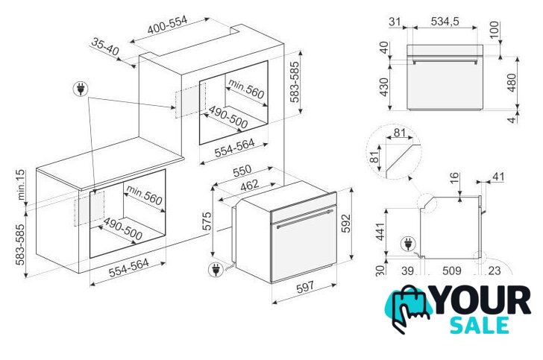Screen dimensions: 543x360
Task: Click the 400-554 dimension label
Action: (x=167, y=25)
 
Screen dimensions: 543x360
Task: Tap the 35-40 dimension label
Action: (x=105, y=46)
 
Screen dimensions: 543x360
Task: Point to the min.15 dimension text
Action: (x=21, y=185)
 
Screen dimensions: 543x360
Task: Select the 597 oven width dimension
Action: (x=305, y=287)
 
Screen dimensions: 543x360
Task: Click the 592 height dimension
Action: (x=346, y=224)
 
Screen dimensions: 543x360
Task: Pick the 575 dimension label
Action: (x=207, y=221)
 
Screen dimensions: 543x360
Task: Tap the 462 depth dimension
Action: (x=249, y=185)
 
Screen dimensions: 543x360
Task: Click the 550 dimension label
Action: (x=242, y=171)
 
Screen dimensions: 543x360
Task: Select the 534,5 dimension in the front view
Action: (x=445, y=22)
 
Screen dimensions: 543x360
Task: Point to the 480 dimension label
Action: (x=512, y=83)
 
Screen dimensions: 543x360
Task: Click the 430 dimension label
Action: (x=384, y=87)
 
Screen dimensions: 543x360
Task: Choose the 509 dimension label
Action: (x=452, y=271)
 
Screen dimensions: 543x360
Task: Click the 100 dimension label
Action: (x=495, y=30)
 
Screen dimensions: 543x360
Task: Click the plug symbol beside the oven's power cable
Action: (x=216, y=269)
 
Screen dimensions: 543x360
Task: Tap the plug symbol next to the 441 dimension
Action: (x=409, y=244)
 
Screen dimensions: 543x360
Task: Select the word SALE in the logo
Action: (x=480, y=326)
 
